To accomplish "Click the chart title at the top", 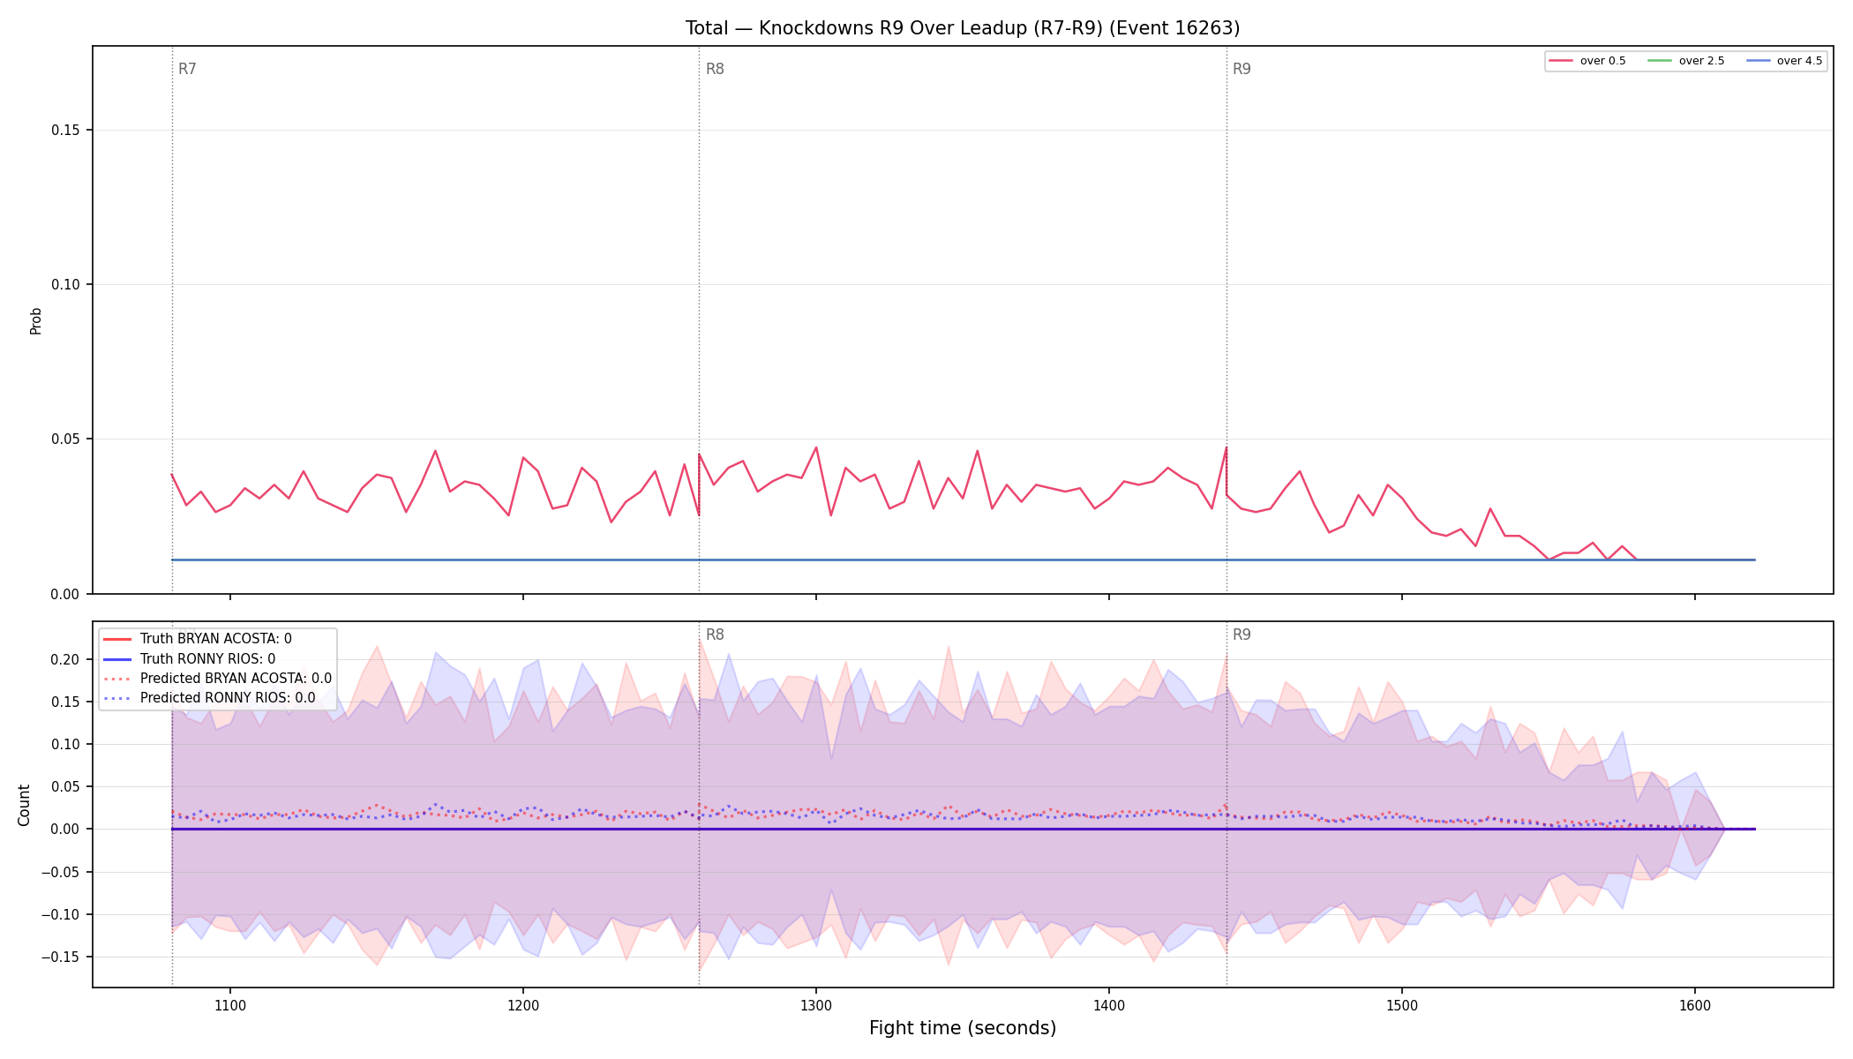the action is [963, 28].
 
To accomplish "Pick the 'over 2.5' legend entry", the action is [1685, 61].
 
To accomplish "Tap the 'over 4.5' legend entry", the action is [1784, 61].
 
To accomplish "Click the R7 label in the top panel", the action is [187, 69].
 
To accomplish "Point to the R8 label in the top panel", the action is [715, 69].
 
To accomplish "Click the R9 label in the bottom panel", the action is [1242, 635].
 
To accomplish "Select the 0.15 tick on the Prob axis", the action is [65, 131].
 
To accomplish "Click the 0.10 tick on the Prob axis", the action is [65, 285].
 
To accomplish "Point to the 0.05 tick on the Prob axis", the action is [65, 439].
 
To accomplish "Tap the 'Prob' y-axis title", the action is [36, 320].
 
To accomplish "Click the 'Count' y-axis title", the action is [24, 805].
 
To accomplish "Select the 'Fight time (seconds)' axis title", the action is [963, 1028].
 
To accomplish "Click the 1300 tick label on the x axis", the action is [816, 1005].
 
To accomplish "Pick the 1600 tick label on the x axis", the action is [1694, 1005].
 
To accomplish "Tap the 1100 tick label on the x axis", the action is [230, 1005].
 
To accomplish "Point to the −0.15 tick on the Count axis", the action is [61, 958].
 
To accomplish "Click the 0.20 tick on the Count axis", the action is [65, 660].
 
